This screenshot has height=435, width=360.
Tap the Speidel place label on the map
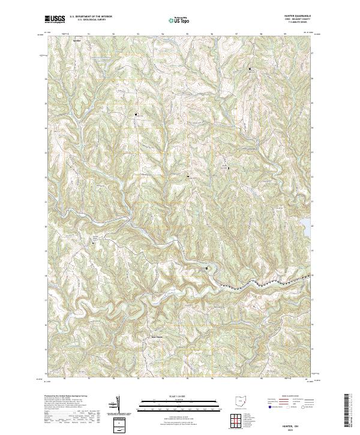coord(76,41)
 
